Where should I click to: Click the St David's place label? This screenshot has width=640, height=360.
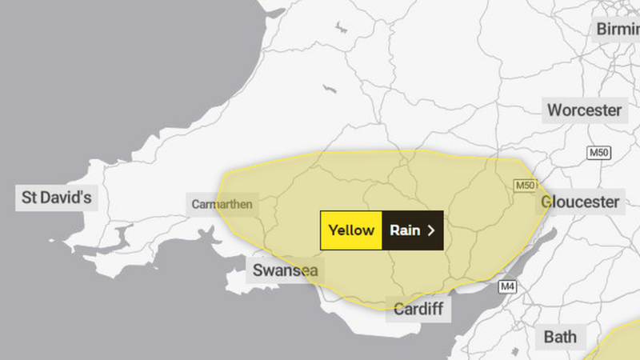[56, 198]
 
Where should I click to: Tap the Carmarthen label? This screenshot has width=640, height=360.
[222, 204]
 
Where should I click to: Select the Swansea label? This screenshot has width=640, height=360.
[285, 270]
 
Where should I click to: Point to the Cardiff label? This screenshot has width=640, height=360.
[418, 309]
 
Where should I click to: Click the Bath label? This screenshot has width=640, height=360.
[560, 337]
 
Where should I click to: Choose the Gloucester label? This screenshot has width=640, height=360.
[580, 202]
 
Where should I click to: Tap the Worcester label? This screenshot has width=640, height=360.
[584, 110]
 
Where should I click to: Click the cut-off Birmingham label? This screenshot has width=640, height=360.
[617, 30]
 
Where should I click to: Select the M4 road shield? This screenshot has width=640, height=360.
[507, 286]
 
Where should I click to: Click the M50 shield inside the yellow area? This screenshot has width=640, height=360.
[524, 186]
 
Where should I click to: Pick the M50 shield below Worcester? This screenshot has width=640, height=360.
[598, 153]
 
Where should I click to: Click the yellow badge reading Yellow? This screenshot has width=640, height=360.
[351, 230]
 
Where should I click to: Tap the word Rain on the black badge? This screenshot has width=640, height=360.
[405, 230]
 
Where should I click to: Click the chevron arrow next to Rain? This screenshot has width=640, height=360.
[431, 230]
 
